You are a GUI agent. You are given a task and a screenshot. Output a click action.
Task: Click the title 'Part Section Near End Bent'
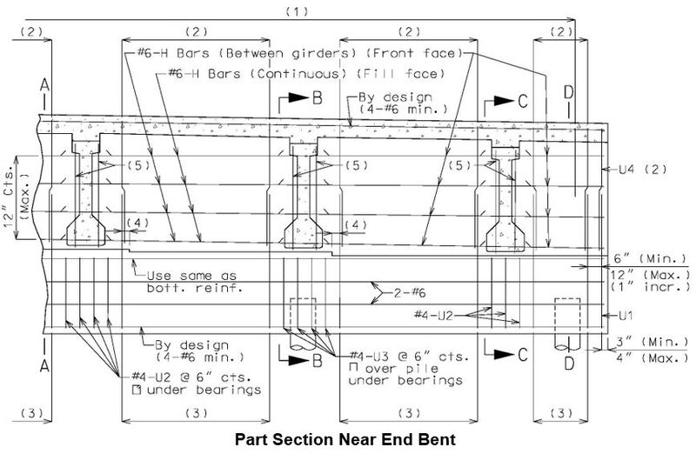click(345, 439)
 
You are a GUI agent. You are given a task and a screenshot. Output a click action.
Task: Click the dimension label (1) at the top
click(297, 11)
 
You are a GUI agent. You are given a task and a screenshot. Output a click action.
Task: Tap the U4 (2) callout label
click(643, 169)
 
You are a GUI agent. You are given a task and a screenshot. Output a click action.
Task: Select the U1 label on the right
click(626, 316)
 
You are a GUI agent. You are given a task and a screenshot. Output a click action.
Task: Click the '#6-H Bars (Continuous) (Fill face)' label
click(306, 73)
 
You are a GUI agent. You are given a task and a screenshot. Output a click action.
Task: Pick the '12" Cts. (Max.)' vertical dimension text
click(17, 197)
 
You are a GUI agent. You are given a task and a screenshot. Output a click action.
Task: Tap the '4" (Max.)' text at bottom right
click(652, 357)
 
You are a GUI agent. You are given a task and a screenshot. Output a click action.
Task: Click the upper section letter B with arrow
click(318, 98)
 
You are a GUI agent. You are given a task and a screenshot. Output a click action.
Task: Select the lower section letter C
click(523, 354)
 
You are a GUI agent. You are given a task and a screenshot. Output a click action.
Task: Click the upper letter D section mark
click(569, 92)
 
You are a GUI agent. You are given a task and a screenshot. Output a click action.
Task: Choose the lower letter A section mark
click(44, 365)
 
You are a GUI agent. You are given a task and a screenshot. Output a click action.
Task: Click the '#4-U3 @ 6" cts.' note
click(409, 357)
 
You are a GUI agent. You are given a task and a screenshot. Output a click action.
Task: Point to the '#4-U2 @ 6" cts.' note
click(191, 377)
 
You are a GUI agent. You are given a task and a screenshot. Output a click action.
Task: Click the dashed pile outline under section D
click(568, 320)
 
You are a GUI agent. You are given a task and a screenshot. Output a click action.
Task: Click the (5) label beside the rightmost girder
click(459, 165)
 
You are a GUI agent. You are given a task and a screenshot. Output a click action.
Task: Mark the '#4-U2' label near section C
click(433, 316)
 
